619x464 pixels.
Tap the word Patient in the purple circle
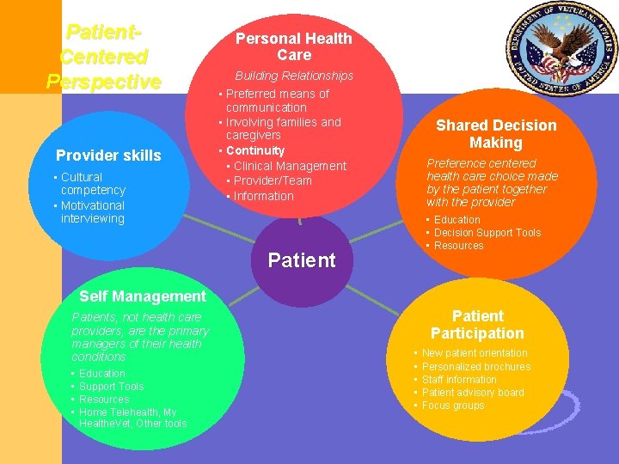pos(302,260)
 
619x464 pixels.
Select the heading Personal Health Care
pos(294,46)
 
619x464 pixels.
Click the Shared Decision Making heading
pos(496,134)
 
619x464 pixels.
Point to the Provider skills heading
pos(108,156)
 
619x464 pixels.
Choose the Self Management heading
pos(143,296)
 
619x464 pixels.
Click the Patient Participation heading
pos(477,325)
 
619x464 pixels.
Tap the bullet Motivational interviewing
pos(93,212)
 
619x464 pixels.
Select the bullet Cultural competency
pos(93,184)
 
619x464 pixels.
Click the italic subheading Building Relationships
pos(294,76)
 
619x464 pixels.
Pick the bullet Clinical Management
pos(290,166)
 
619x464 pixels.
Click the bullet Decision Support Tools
pos(487,233)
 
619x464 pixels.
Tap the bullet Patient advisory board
pos(473,393)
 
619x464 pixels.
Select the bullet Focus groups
pos(453,406)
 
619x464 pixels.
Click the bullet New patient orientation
pos(475,353)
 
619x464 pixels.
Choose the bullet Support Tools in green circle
pos(112,387)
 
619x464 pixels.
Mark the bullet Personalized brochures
pos(476,367)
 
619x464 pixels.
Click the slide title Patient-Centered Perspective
pos(103,58)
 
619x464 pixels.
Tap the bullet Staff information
pos(459,380)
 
